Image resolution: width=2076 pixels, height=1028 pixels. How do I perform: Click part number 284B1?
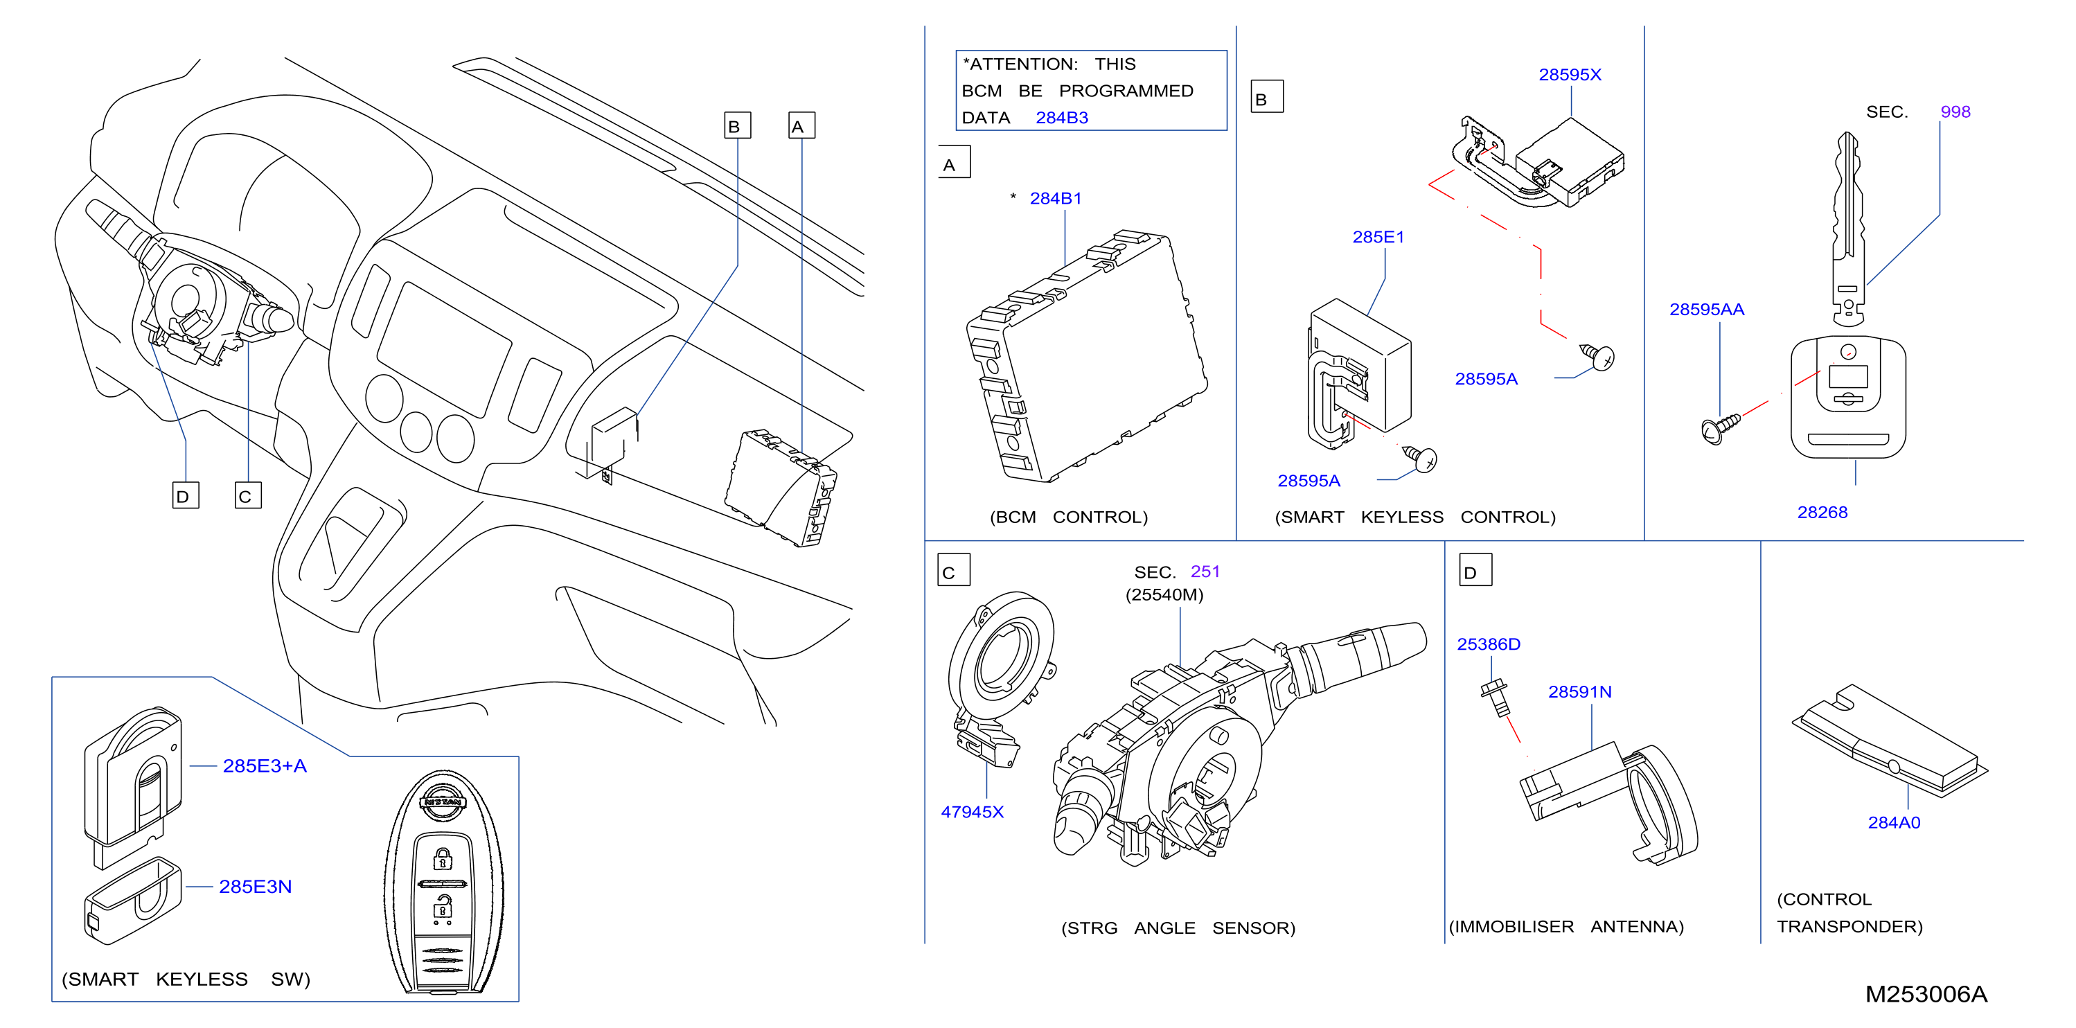1056,198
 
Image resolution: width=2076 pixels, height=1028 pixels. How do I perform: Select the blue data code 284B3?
1061,118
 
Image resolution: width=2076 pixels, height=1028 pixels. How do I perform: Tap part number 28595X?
1570,75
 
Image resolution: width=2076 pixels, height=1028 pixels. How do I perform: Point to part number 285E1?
1378,237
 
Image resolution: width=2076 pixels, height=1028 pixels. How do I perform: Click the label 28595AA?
1706,310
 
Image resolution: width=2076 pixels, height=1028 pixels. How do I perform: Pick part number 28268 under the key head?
1822,513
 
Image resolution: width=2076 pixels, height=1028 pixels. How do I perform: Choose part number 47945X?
972,812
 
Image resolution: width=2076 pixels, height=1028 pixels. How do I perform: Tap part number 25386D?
1489,644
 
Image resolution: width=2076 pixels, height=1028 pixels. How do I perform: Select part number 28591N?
1579,692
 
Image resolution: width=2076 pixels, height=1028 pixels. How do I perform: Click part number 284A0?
1894,822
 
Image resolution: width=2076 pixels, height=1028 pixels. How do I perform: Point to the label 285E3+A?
265,766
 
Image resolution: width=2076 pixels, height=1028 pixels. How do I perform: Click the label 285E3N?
255,887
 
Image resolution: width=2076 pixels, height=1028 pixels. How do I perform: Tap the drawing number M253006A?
1926,994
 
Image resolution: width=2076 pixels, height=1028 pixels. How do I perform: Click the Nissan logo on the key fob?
443,801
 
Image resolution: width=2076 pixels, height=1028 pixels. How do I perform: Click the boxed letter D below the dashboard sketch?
186,496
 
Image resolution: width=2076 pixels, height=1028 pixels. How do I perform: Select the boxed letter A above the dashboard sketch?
801,125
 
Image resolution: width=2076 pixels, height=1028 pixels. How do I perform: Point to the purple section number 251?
1205,571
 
